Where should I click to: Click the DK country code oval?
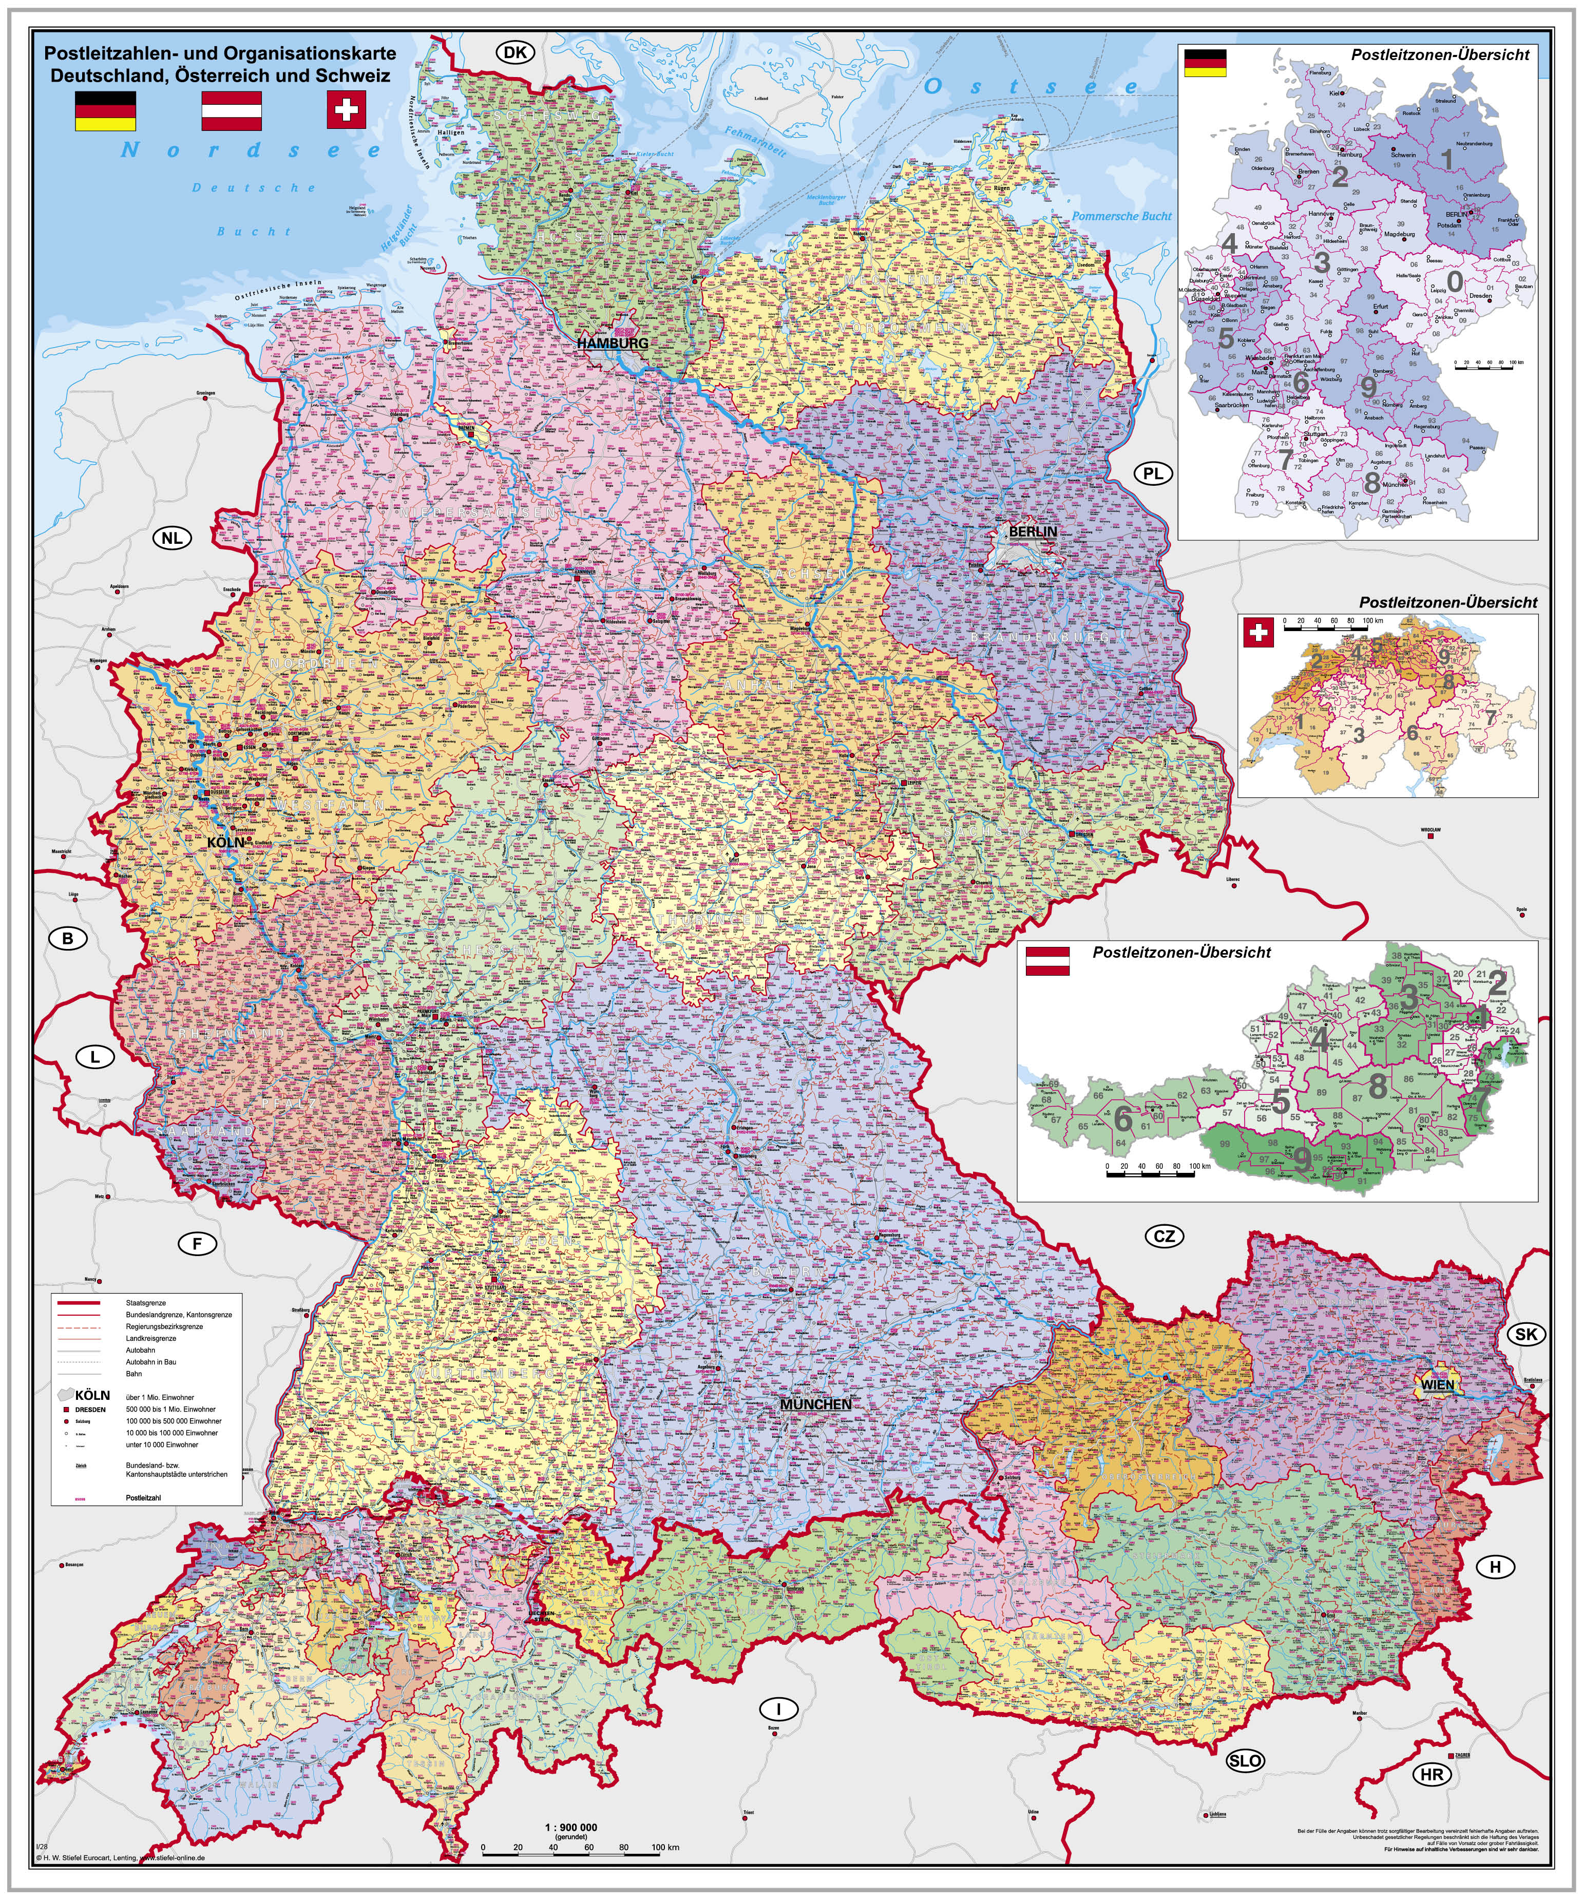click(x=514, y=52)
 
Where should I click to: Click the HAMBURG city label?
click(x=613, y=344)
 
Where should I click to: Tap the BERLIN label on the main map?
click(x=1032, y=532)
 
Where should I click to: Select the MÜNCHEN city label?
click(x=816, y=1404)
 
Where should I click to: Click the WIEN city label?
click(x=1437, y=1385)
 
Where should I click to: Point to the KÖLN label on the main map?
click(x=226, y=842)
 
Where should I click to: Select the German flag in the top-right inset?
click(x=1205, y=63)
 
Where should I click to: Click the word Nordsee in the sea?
click(x=252, y=150)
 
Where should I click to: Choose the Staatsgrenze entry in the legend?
click(x=146, y=1303)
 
